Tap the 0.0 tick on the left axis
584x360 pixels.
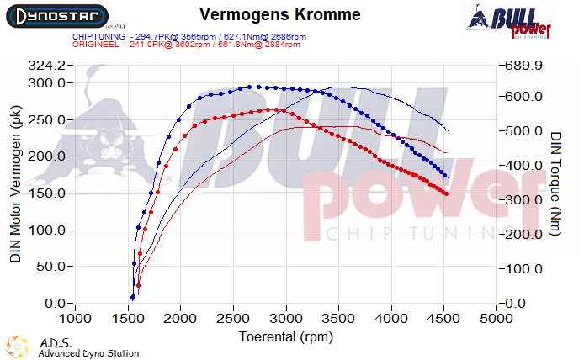(x=55, y=303)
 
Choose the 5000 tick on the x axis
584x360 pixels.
(x=496, y=320)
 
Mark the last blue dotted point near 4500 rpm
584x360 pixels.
(x=445, y=175)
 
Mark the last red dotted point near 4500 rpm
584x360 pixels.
(x=445, y=194)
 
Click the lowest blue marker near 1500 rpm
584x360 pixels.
(x=132, y=297)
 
